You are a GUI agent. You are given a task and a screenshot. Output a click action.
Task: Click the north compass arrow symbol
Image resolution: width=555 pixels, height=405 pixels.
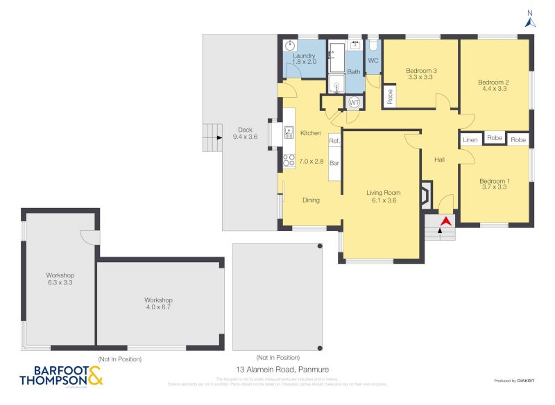click(x=530, y=21)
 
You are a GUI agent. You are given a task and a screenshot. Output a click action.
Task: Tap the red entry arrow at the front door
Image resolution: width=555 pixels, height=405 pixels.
click(x=445, y=221)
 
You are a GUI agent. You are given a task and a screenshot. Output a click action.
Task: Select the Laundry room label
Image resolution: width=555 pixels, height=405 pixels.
click(x=304, y=55)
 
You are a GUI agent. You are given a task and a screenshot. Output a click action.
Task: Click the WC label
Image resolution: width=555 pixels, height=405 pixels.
click(x=373, y=61)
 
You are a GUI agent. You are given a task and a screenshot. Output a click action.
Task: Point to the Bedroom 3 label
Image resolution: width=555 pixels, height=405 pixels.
click(x=421, y=71)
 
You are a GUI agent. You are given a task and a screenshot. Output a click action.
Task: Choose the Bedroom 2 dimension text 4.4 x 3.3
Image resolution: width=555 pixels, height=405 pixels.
click(x=493, y=89)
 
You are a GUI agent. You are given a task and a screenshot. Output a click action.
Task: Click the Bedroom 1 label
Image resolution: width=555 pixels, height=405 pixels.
click(x=493, y=180)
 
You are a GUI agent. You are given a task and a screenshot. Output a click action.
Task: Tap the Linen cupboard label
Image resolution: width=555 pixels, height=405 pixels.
click(x=470, y=139)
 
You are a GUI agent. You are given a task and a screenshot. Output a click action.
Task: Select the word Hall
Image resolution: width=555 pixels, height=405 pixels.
click(x=439, y=160)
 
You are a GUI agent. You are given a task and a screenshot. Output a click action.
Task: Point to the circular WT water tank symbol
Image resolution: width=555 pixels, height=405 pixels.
click(x=354, y=103)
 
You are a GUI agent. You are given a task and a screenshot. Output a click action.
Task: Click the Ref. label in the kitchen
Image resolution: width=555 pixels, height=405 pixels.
click(x=334, y=141)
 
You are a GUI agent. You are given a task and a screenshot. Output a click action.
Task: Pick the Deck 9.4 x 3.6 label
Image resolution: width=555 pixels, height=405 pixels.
click(x=245, y=133)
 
